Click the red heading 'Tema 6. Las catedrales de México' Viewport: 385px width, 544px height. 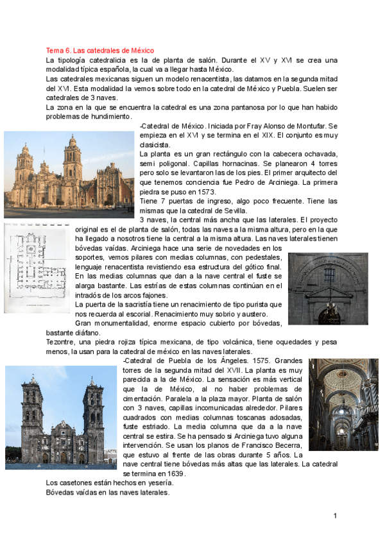pyautogui.click(x=99, y=50)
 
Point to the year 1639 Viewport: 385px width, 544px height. pyautogui.click(x=174, y=473)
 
